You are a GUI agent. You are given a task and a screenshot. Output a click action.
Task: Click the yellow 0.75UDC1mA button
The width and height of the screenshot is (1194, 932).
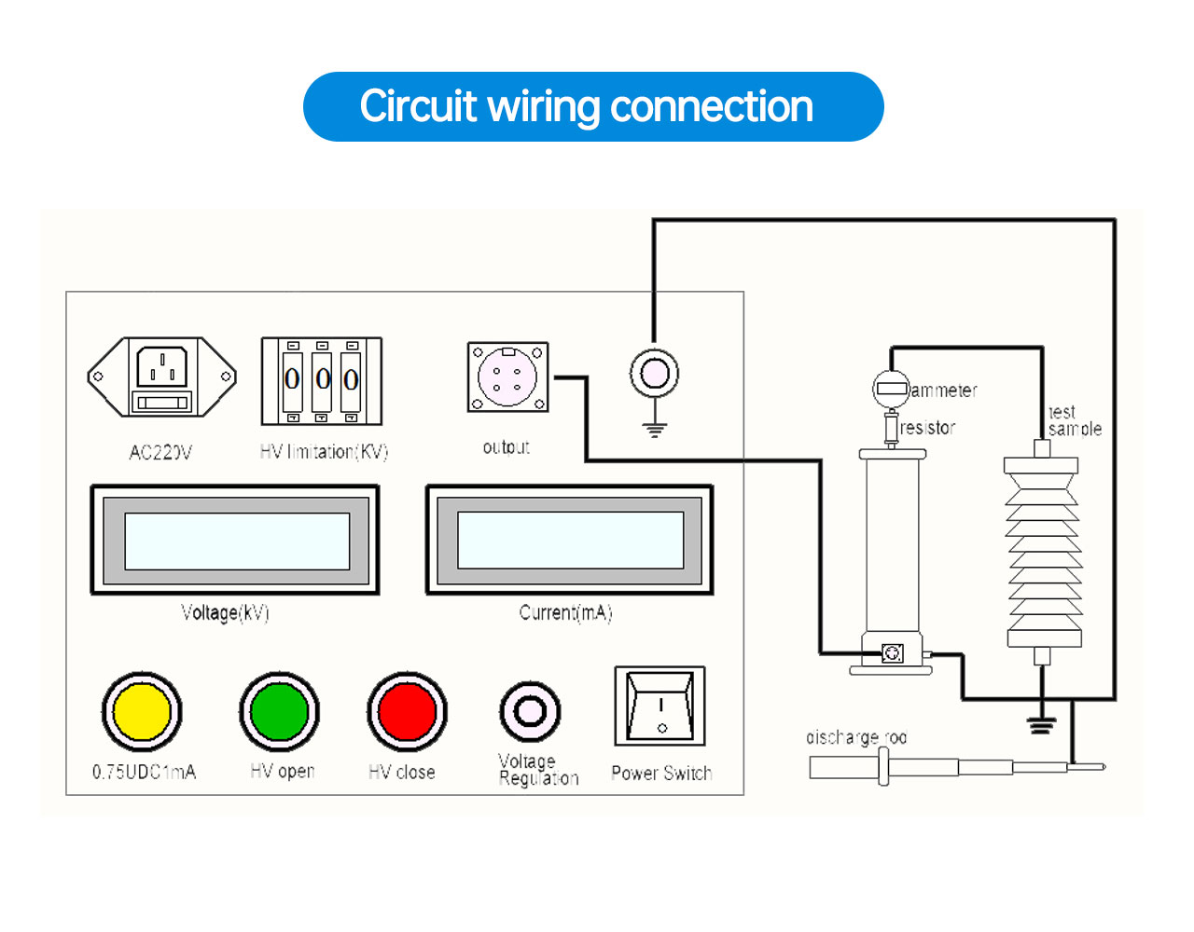[x=142, y=712]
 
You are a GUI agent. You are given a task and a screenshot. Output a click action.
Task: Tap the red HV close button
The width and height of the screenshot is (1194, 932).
[x=407, y=712]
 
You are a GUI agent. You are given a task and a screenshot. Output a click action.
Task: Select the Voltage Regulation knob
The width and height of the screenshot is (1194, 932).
[x=530, y=712]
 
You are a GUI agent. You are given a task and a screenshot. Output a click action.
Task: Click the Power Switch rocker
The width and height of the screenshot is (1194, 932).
[x=659, y=706]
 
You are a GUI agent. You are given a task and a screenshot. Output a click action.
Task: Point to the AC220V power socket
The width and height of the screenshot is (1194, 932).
[x=162, y=377]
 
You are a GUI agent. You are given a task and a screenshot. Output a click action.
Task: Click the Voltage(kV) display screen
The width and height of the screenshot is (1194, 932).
[x=236, y=541]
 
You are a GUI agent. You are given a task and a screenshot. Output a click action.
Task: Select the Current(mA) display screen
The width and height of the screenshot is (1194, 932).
[x=570, y=541]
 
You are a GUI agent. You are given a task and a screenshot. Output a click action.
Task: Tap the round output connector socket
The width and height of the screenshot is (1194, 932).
[x=507, y=377]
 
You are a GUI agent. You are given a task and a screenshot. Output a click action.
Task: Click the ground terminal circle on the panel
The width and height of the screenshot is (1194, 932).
[x=654, y=374]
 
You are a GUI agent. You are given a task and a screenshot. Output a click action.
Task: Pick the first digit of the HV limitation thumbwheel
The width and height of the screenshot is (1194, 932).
[x=292, y=378]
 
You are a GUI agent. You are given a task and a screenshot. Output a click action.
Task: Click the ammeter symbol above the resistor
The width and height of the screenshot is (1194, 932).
[x=891, y=387]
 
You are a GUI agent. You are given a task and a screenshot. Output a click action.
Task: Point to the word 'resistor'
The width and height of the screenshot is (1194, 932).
[x=928, y=428]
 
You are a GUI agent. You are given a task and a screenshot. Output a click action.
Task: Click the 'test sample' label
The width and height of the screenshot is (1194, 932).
[x=1075, y=420]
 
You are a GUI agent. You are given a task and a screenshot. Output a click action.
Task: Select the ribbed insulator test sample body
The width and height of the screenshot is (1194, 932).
[x=1043, y=552]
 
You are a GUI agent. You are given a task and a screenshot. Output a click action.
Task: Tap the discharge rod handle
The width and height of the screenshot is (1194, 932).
[x=844, y=768]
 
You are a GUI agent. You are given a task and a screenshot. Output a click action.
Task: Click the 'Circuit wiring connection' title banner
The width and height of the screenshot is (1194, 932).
[x=593, y=107]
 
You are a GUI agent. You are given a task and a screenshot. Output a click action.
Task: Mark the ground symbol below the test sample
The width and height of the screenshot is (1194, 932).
[x=1041, y=723]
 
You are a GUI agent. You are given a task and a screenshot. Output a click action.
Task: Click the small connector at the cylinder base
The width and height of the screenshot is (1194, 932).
[x=893, y=653]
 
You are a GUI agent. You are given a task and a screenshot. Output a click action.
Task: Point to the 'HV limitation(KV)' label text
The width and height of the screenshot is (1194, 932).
[x=324, y=452]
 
